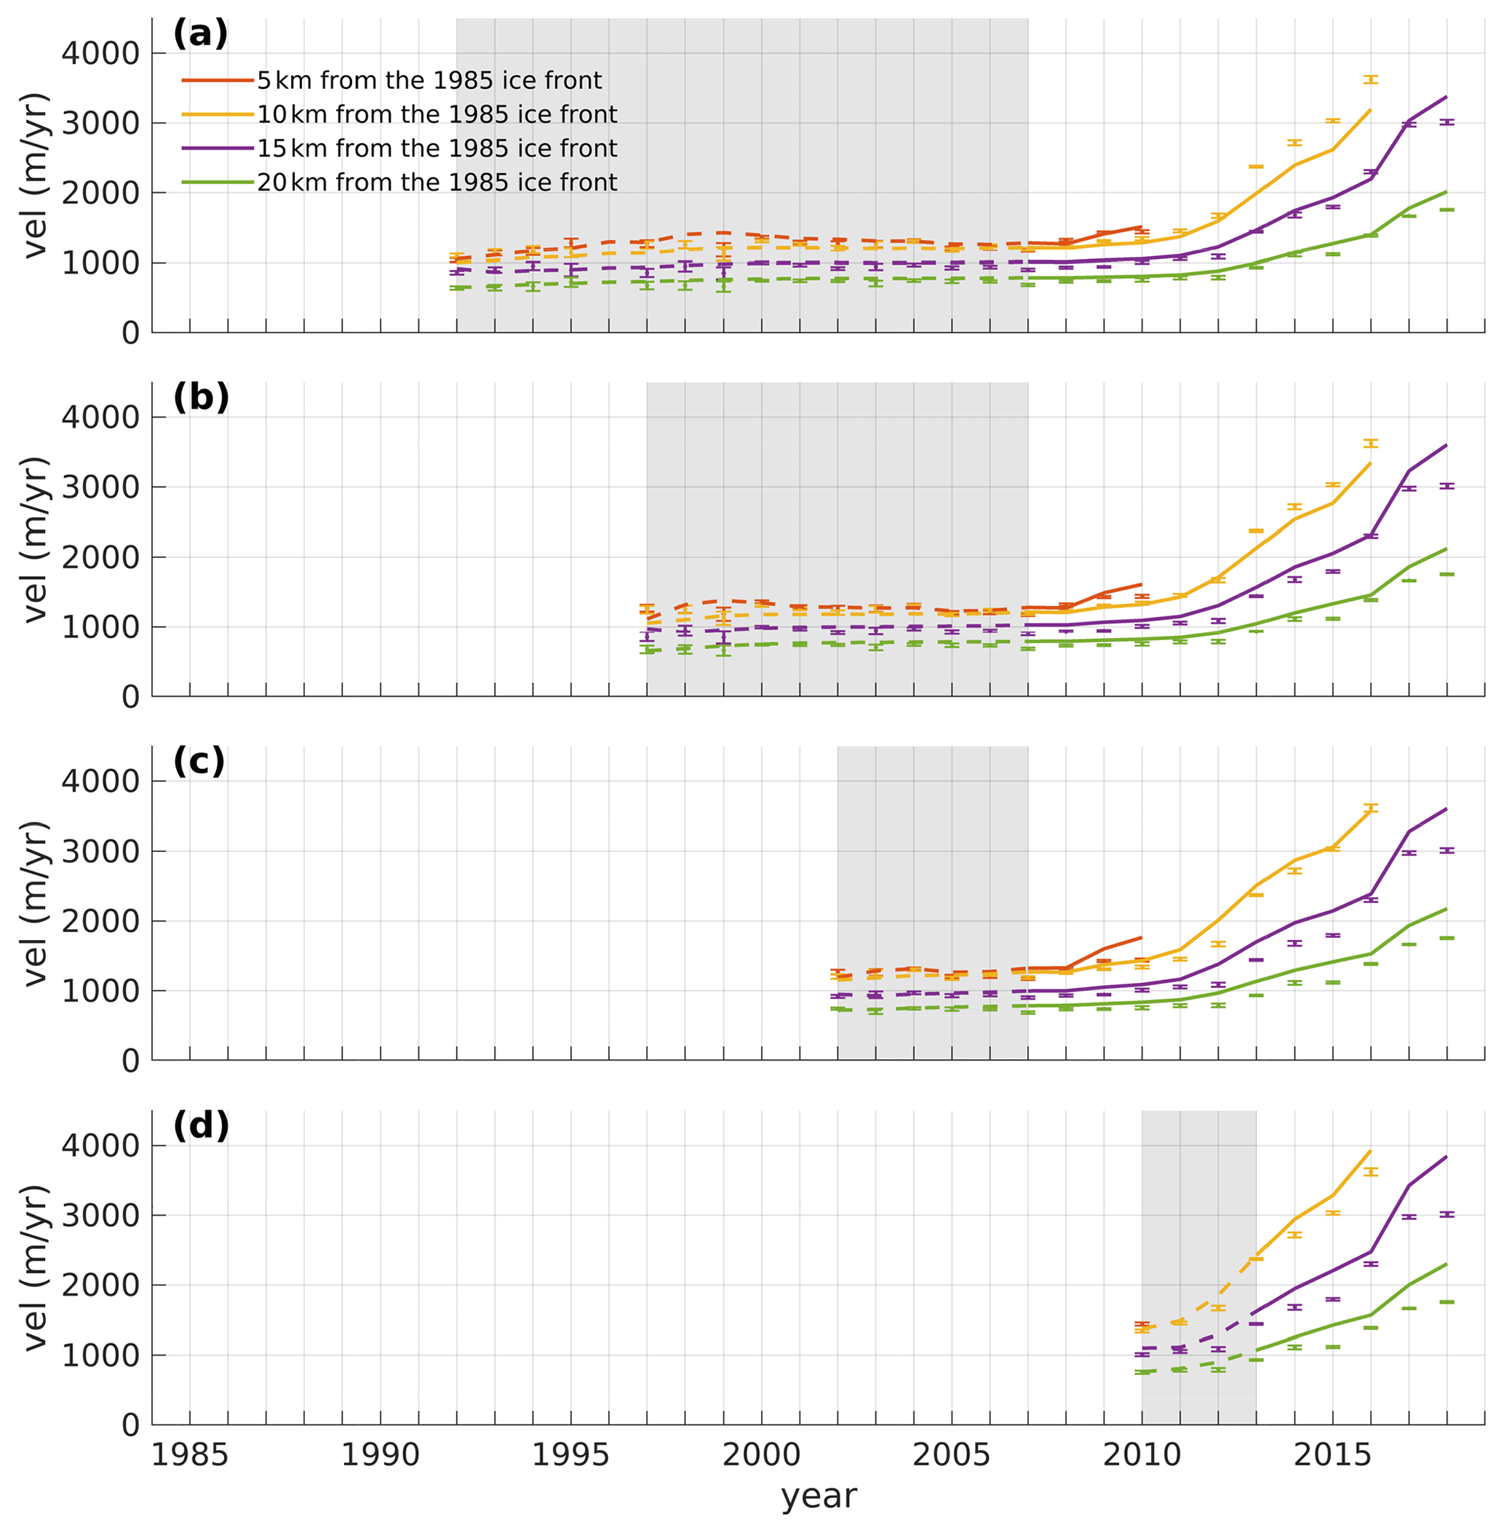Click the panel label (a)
(201, 34)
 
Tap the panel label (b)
(201, 397)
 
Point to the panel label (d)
(201, 1125)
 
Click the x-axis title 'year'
(819, 1496)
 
